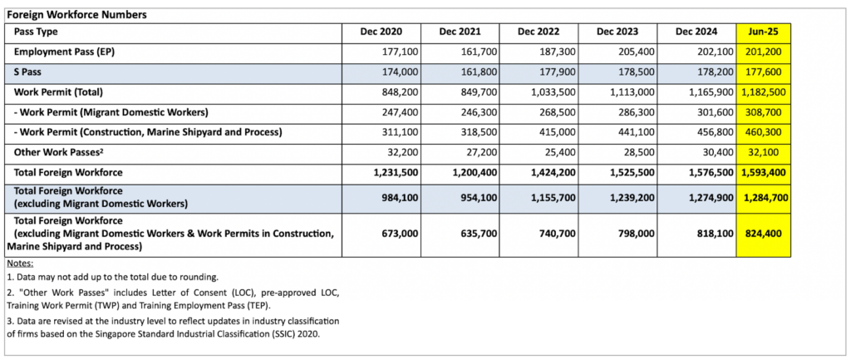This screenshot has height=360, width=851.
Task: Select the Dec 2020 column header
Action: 381,32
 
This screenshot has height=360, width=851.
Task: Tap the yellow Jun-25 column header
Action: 763,32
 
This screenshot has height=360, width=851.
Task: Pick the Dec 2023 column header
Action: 617,32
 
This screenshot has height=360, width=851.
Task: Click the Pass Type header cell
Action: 34,32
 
